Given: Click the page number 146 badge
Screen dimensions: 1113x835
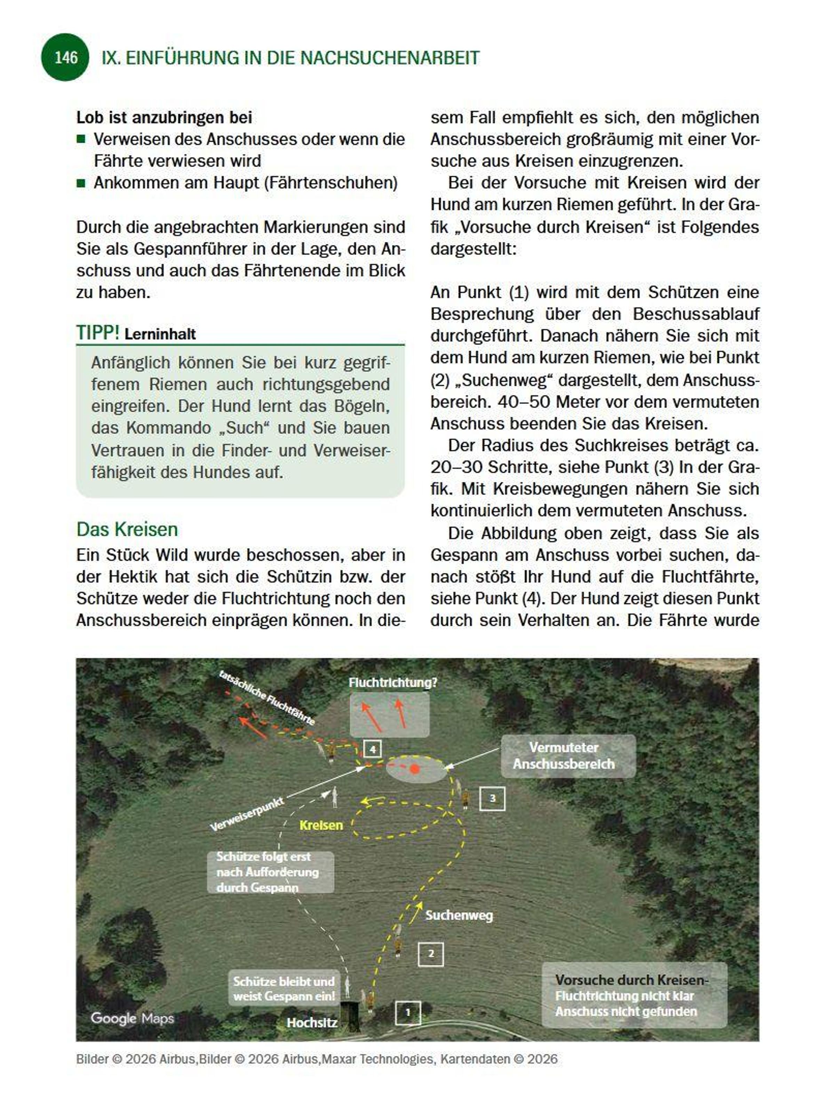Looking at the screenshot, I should (x=65, y=57).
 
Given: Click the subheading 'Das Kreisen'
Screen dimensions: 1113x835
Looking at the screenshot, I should (x=127, y=529).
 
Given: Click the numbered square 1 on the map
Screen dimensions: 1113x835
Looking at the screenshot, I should (x=408, y=1012).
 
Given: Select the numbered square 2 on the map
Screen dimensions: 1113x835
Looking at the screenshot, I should (x=431, y=953).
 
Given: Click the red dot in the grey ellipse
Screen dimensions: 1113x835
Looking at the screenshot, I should (x=414, y=768).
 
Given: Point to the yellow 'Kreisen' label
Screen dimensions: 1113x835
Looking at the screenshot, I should (x=321, y=825).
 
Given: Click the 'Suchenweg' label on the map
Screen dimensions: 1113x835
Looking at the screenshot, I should (x=459, y=915).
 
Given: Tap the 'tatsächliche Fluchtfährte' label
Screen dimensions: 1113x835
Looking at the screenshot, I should (x=267, y=697).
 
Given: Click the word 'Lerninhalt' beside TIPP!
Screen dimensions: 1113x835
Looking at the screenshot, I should (x=160, y=334).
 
